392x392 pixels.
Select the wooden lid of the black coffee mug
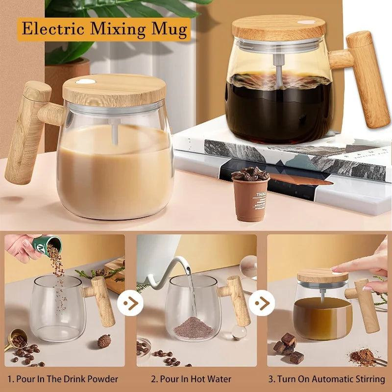click(279, 28)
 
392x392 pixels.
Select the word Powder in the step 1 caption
click(101, 379)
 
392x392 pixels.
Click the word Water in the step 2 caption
click(219, 379)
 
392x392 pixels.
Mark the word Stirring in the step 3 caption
click(367, 379)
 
